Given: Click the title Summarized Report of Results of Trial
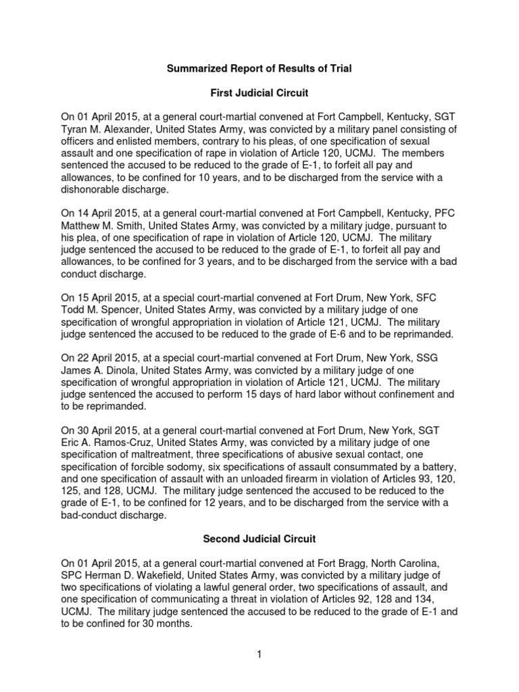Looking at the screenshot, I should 259,69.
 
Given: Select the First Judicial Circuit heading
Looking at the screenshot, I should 259,93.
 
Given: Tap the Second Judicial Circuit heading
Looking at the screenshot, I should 259,539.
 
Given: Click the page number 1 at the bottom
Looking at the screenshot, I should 259,654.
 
